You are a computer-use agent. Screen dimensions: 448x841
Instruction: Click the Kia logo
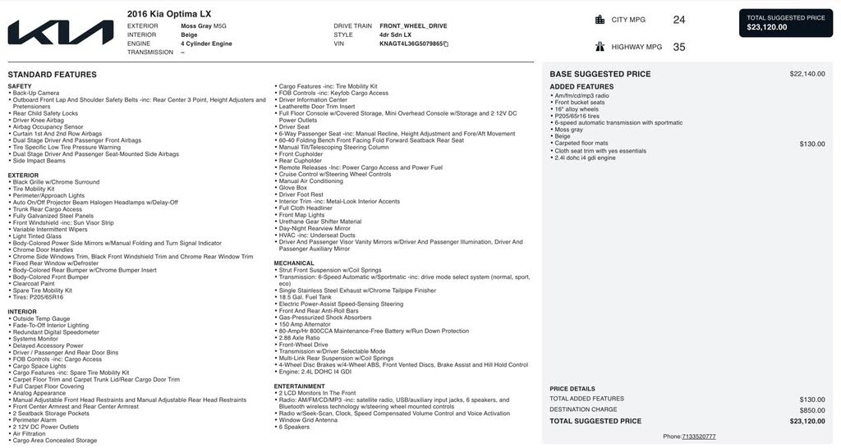pos(61,33)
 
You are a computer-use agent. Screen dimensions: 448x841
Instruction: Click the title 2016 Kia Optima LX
pos(170,14)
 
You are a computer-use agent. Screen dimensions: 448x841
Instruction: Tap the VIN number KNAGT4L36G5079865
pos(411,43)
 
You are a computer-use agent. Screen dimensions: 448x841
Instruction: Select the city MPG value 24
pos(678,20)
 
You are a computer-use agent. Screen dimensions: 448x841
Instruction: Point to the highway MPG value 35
pos(678,47)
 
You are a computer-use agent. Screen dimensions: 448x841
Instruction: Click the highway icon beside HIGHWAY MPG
pos(600,47)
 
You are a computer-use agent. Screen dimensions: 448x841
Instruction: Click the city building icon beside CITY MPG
pos(600,20)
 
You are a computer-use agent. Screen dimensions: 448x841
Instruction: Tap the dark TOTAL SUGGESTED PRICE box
pos(786,22)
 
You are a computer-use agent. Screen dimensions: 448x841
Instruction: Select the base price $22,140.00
pos(807,74)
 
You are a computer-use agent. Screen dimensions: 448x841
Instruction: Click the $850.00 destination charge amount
pos(812,409)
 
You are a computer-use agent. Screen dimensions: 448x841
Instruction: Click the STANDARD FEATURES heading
pos(52,75)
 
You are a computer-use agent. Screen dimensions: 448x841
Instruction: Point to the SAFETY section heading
pos(20,86)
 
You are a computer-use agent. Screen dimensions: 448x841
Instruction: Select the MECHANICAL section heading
pos(294,263)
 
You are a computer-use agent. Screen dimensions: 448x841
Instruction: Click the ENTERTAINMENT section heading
pos(299,386)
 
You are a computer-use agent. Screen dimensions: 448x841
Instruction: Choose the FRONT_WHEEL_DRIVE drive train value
pos(413,26)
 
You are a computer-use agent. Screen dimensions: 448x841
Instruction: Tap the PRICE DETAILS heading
pos(572,388)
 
